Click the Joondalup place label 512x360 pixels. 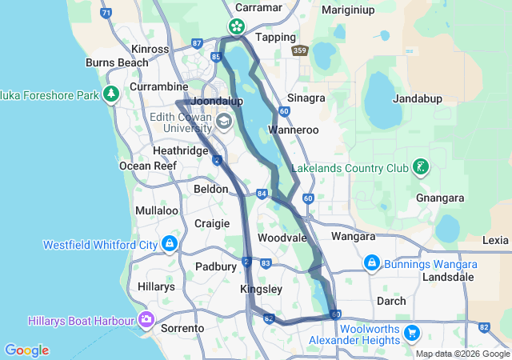[x=214, y=103]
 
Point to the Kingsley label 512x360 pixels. [x=261, y=288]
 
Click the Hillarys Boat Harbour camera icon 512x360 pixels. [x=146, y=320]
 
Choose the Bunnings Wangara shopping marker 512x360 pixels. [x=371, y=263]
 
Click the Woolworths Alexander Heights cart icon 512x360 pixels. [x=412, y=333]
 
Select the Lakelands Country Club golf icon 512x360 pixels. [x=419, y=168]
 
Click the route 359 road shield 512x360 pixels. [x=299, y=51]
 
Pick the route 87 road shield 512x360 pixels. [x=198, y=43]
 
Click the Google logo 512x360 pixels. [x=26, y=350]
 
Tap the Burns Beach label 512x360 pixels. [x=117, y=62]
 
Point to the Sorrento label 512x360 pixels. [x=182, y=328]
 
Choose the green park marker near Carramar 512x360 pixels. [x=238, y=26]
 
